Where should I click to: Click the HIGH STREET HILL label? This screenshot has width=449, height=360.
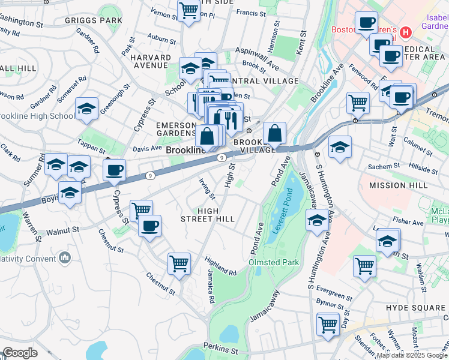tap(208, 215)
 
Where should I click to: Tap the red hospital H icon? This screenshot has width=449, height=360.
tap(406, 31)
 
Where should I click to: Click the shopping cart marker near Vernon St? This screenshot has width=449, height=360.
tap(188, 10)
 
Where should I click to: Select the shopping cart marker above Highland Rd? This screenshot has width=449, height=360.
tap(179, 263)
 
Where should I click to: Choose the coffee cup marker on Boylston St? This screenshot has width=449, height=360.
tap(113, 170)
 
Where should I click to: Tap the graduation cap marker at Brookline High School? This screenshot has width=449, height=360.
tap(86, 109)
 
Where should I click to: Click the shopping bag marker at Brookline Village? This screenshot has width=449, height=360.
tap(274, 133)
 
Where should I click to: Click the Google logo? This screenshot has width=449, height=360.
tap(19, 352)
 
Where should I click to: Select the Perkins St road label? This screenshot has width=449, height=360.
tap(220, 347)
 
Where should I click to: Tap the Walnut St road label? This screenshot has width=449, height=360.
tap(62, 230)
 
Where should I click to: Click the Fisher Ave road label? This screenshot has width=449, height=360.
tap(410, 223)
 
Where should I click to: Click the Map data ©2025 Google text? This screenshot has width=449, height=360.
tap(412, 355)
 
